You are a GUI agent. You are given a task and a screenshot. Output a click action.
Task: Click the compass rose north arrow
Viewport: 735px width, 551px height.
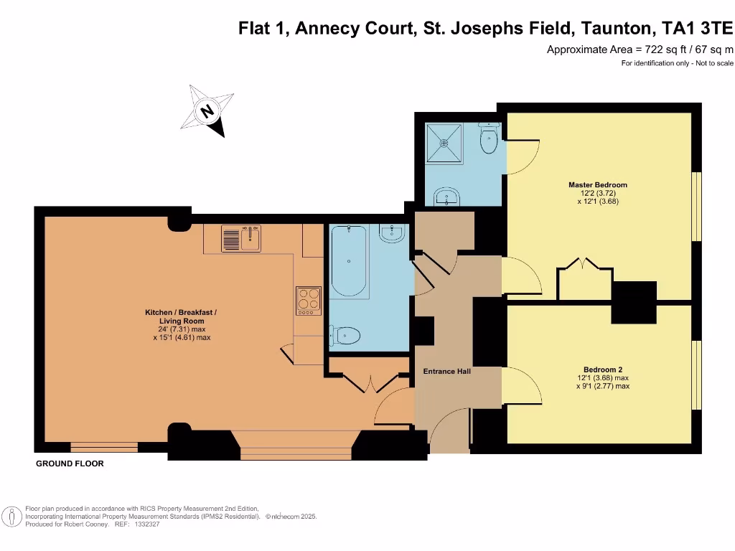pyautogui.click(x=210, y=111)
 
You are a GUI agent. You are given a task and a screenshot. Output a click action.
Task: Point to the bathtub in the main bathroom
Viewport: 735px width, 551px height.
pyautogui.click(x=349, y=261)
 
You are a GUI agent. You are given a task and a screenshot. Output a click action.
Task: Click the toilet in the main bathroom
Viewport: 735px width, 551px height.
pyautogui.click(x=345, y=334)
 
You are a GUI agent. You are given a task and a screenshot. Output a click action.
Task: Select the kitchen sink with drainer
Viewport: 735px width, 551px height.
pyautogui.click(x=240, y=238)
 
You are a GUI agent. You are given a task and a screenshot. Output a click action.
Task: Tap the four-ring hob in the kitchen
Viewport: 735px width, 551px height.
pyautogui.click(x=308, y=301)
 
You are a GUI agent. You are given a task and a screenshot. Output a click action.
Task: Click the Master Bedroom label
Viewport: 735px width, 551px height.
pyautogui.click(x=598, y=185)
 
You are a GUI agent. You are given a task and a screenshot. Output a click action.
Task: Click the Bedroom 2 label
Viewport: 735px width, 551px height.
pyautogui.click(x=603, y=369)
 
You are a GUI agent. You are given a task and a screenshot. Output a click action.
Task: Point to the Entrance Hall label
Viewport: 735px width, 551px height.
pyautogui.click(x=446, y=372)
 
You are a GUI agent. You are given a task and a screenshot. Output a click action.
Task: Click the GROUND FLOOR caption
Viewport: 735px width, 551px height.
pyautogui.click(x=70, y=463)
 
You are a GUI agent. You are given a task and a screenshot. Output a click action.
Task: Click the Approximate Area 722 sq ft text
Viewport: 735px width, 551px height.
pyautogui.click(x=640, y=50)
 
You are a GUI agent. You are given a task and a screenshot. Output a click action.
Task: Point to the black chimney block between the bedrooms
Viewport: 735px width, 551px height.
pyautogui.click(x=634, y=301)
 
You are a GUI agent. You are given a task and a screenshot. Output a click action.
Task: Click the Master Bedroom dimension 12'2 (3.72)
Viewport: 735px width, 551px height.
pyautogui.click(x=598, y=194)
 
